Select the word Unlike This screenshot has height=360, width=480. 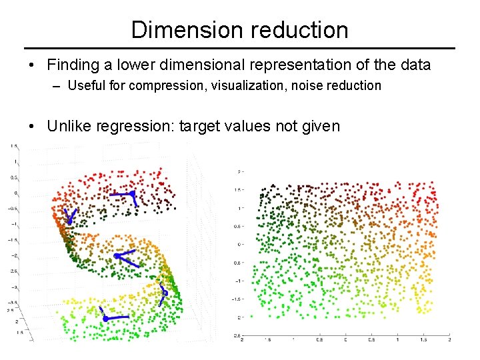pyautogui.click(x=69, y=127)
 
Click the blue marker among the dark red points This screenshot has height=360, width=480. pyautogui.click(x=132, y=194)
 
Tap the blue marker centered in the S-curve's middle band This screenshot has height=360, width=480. pyautogui.click(x=117, y=255)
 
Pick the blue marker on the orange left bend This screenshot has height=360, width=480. pyautogui.click(x=69, y=221)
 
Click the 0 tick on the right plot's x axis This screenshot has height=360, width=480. pyautogui.click(x=345, y=340)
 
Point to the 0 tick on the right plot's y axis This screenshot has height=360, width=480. pyautogui.click(x=238, y=244)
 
